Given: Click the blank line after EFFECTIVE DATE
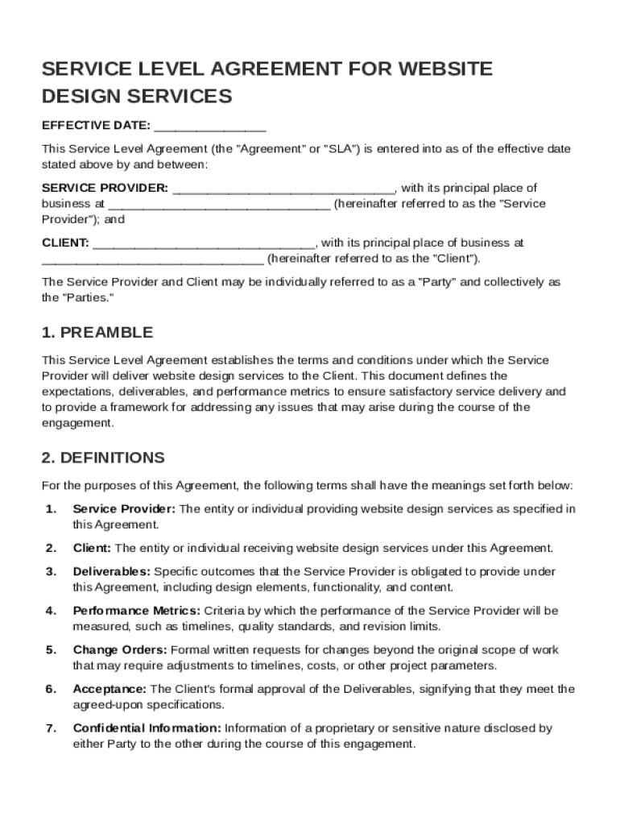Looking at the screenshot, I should (x=209, y=126).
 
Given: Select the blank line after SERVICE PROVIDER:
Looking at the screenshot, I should (x=283, y=189).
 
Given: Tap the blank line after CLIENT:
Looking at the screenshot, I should (x=205, y=243).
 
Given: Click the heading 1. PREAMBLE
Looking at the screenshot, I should (x=97, y=333).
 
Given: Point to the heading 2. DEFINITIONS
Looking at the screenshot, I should (x=103, y=458).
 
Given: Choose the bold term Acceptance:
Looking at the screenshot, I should (x=110, y=689).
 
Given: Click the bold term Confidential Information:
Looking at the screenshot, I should (x=147, y=728).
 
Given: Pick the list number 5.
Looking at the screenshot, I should (x=51, y=650).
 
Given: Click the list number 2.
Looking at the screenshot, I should (x=51, y=549).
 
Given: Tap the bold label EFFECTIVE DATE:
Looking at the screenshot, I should (x=96, y=126).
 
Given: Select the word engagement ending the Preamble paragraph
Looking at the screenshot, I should (x=77, y=422).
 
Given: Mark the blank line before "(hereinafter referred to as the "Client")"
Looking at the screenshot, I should (x=152, y=259).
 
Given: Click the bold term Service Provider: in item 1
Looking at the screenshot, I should (x=124, y=509).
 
